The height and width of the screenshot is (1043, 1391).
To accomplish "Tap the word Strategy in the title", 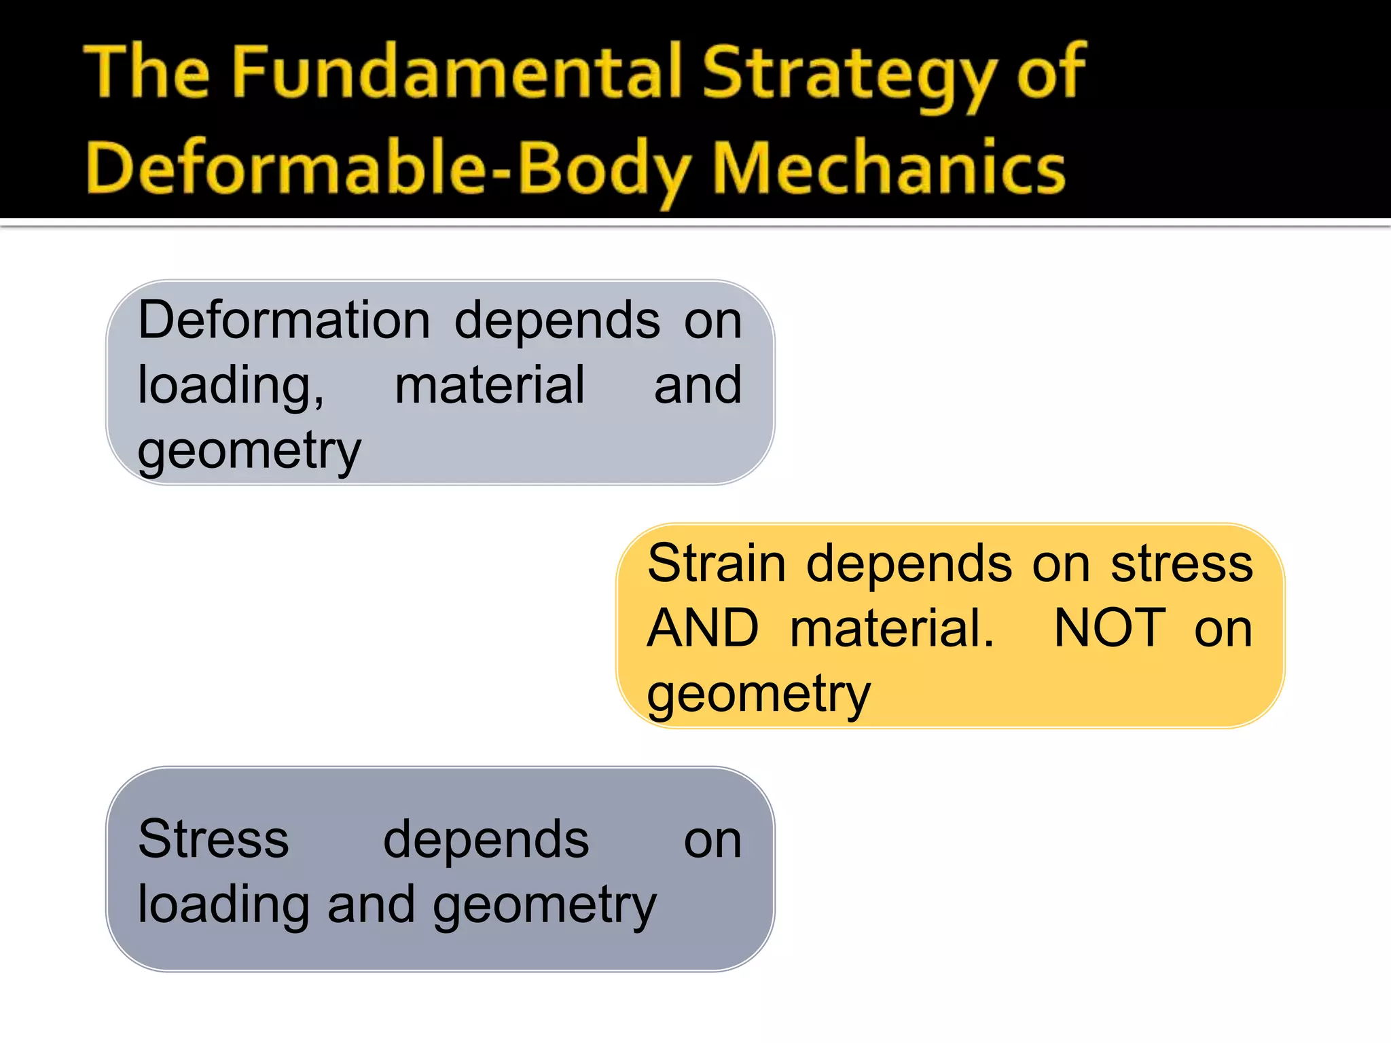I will click(850, 75).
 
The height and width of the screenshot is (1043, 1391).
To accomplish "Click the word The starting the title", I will click(147, 72).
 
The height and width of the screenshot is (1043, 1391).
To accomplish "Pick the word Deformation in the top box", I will click(284, 320).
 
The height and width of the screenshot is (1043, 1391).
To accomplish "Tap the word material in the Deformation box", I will click(490, 385).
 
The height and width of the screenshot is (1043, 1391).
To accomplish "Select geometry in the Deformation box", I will click(249, 451).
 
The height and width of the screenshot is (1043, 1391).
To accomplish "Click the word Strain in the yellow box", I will click(717, 563).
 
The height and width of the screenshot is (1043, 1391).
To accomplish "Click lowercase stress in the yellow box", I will click(1182, 564).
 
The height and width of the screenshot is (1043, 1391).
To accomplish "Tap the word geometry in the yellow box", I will click(759, 694).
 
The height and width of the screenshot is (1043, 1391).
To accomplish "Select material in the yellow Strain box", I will click(892, 628).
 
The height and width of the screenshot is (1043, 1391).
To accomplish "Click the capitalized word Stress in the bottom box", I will click(213, 839).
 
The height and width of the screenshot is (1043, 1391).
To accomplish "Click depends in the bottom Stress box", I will click(486, 841).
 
